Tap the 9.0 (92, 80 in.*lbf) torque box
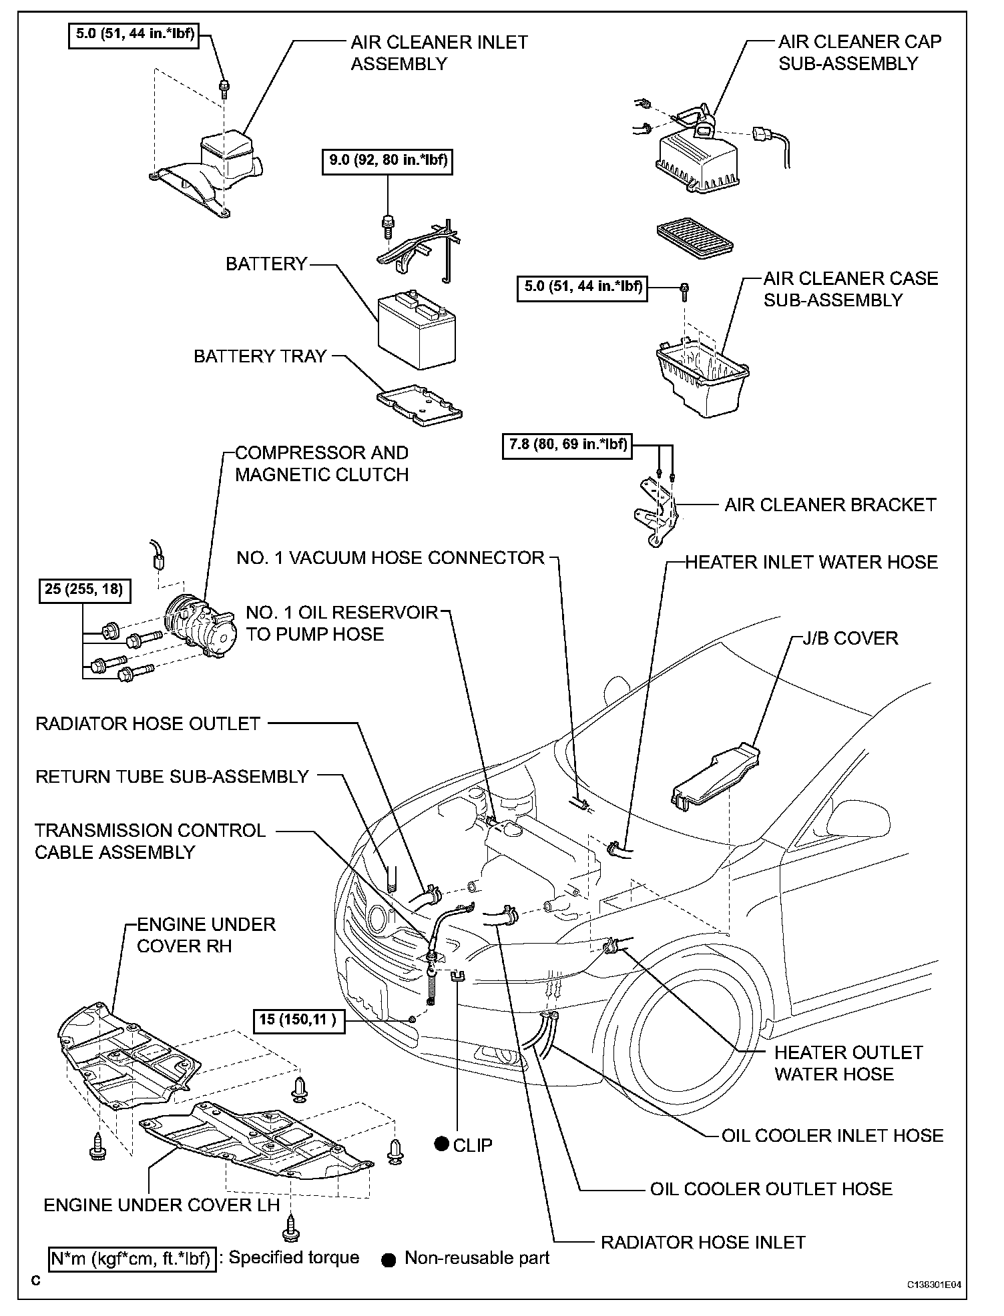pyautogui.click(x=387, y=161)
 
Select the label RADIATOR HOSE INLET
pyautogui.click(x=703, y=1242)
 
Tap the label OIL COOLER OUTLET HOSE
pyautogui.click(x=771, y=1189)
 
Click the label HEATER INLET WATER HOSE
pyautogui.click(x=811, y=562)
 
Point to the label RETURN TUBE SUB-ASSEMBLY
pyautogui.click(x=172, y=776)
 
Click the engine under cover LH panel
pyautogui.click(x=257, y=1141)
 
